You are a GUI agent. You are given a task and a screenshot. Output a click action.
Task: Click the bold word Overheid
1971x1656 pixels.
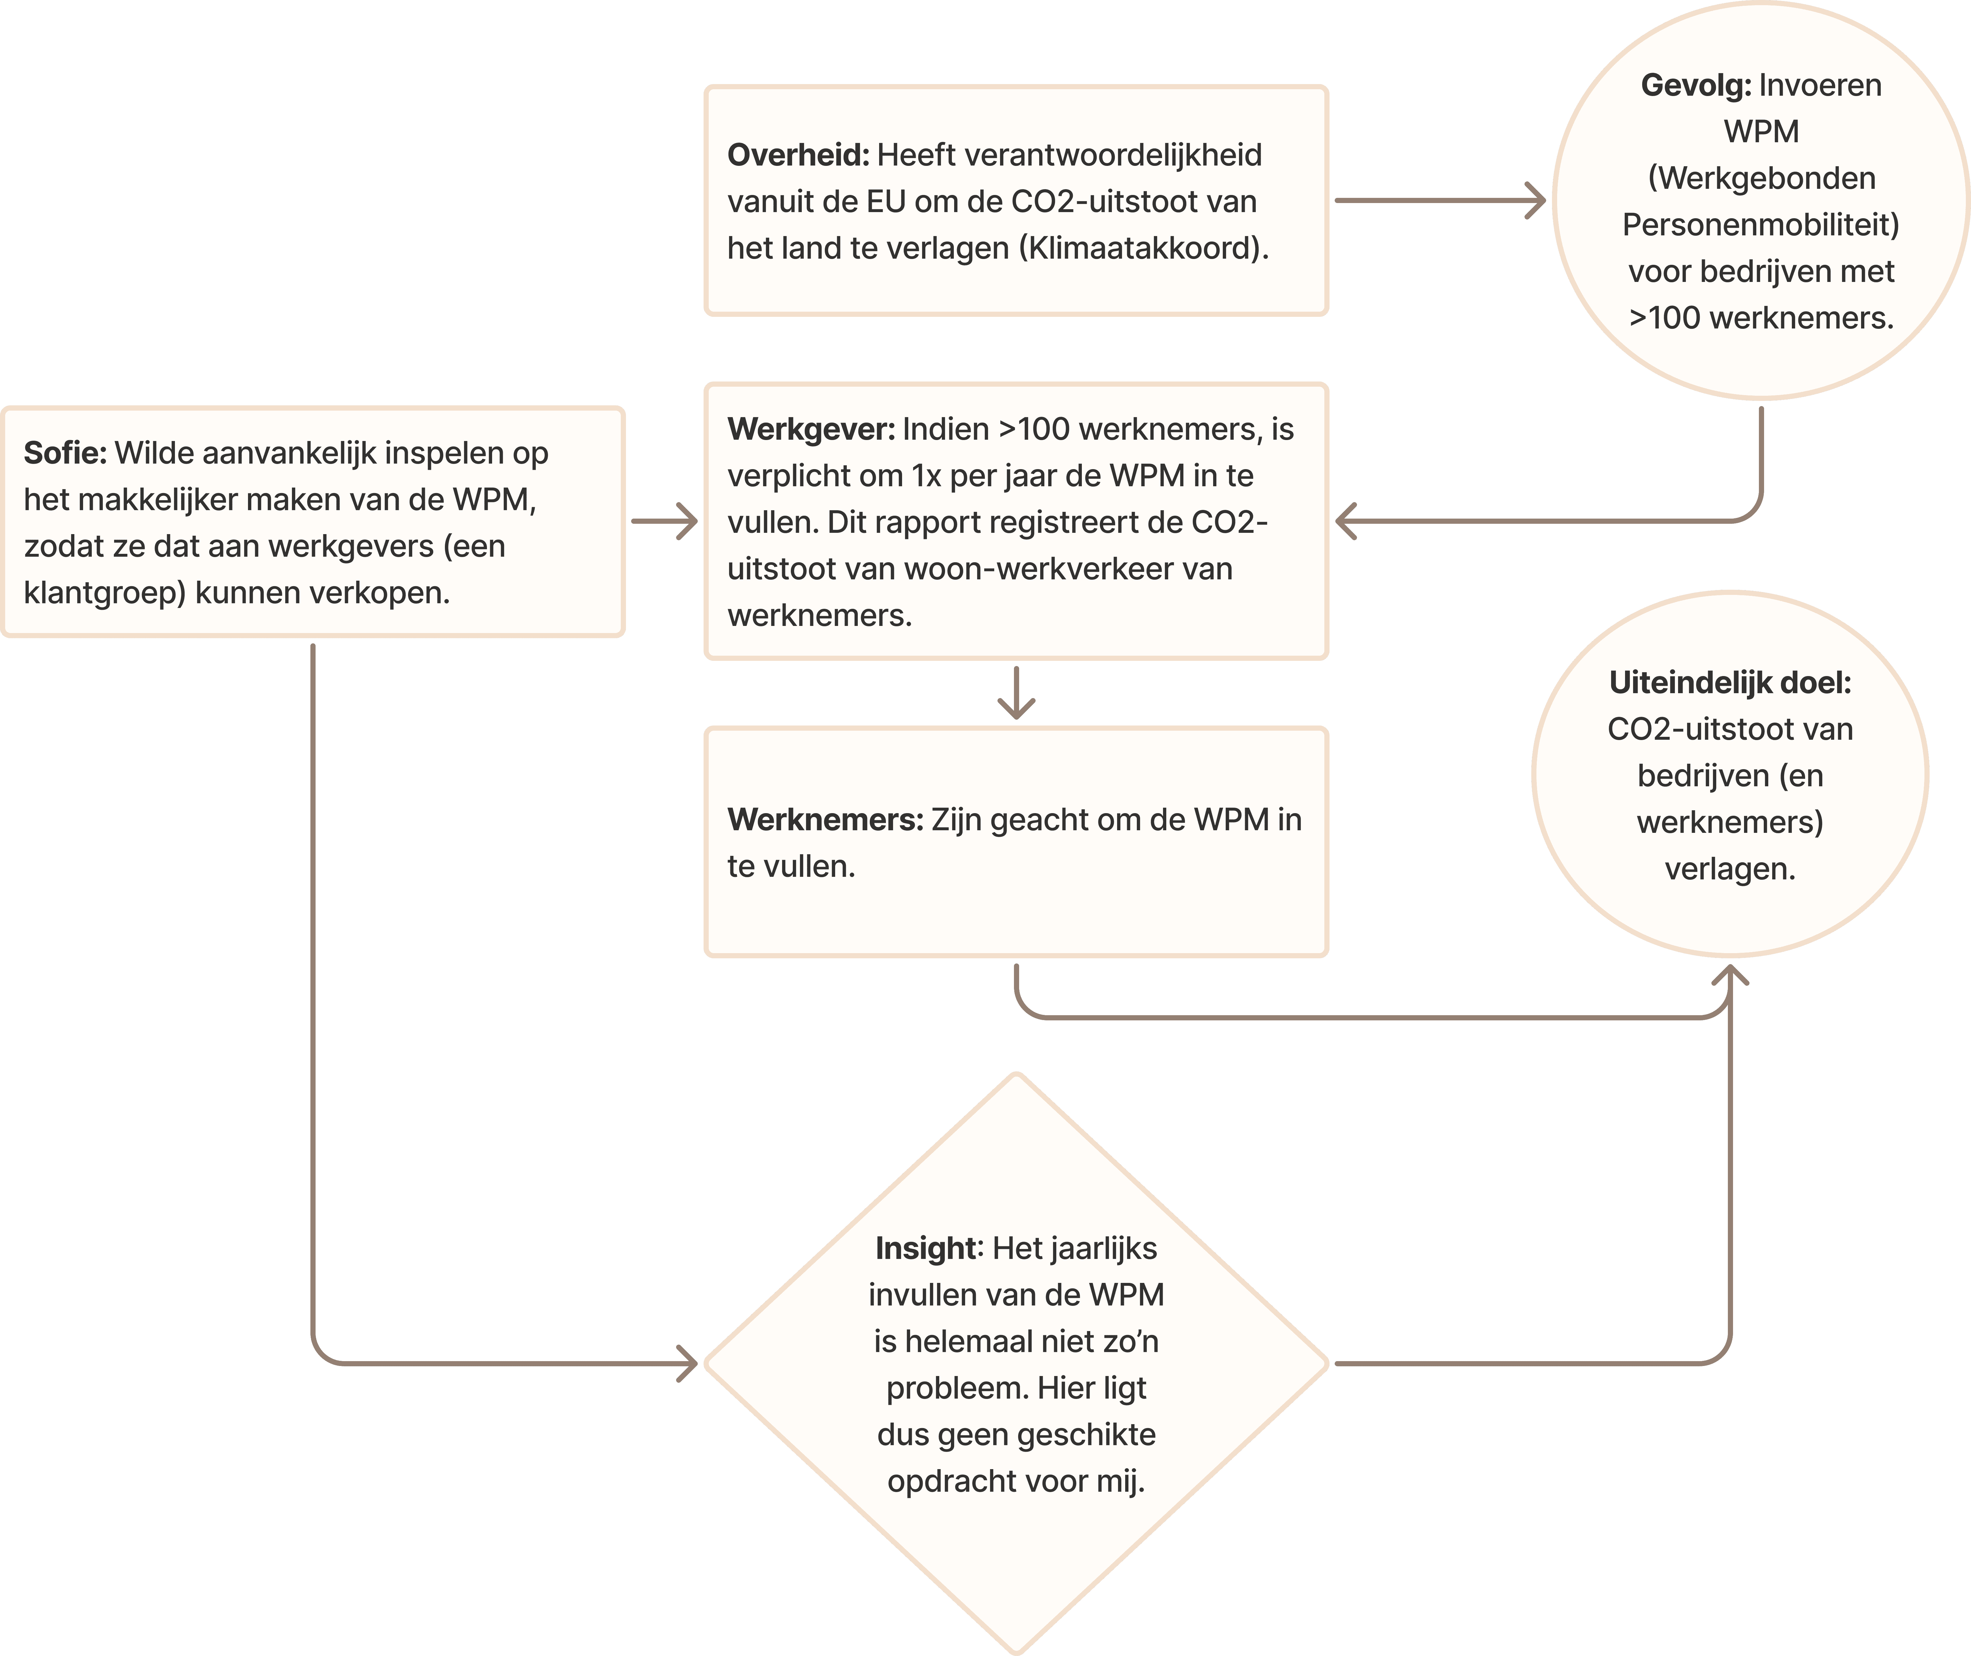[x=798, y=155]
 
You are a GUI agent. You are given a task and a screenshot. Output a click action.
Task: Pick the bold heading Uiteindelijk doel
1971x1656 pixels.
[x=1730, y=683]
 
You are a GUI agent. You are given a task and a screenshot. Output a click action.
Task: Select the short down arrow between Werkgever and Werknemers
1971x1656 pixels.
[x=1016, y=695]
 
